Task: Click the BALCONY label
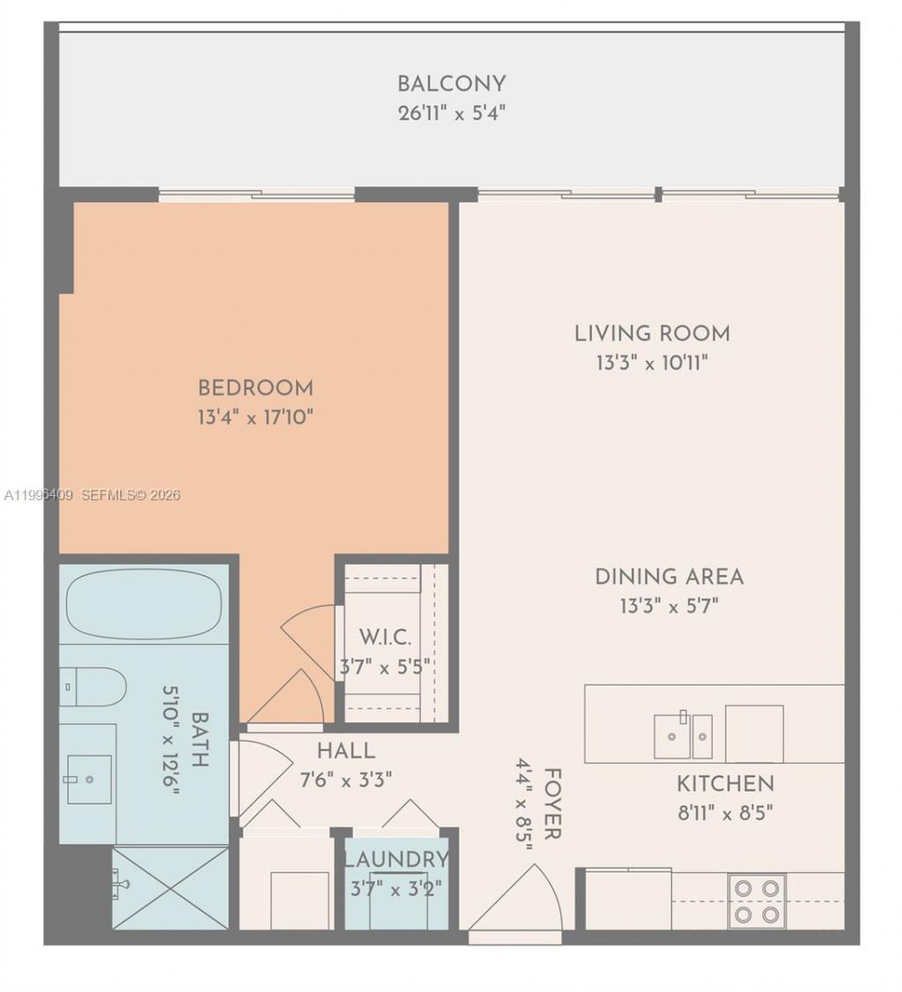coord(451,84)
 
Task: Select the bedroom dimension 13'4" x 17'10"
coord(255,417)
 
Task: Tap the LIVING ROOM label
coord(652,334)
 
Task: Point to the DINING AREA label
coord(669,577)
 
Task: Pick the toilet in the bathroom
coord(92,686)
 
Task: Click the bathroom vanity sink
coord(89,779)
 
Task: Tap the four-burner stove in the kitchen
coord(757,900)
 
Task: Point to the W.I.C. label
coord(386,637)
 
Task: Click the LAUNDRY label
coord(396,859)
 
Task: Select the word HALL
coord(346,751)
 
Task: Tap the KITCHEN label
coord(725,783)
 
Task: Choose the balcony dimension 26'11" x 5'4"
coord(451,114)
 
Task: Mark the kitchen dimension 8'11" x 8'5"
coord(725,812)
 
